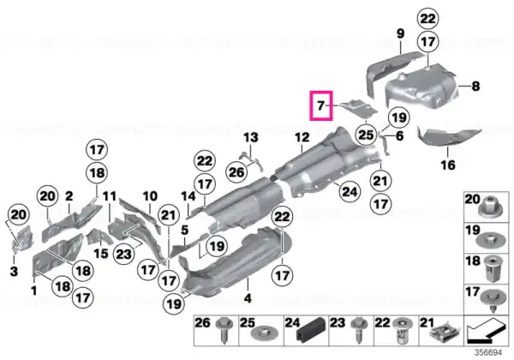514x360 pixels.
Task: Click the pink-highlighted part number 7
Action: [321, 105]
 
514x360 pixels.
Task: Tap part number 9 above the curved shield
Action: [400, 33]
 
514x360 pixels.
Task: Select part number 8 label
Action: [475, 87]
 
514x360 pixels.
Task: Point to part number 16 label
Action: [448, 165]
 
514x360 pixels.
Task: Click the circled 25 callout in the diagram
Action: [366, 135]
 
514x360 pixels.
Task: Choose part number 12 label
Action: [302, 137]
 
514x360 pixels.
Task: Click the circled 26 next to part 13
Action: [236, 171]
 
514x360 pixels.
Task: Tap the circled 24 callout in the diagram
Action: [350, 191]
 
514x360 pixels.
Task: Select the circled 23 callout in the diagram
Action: [123, 254]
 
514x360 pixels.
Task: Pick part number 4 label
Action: [248, 298]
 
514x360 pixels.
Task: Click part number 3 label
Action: [14, 271]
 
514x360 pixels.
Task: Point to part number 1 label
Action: [33, 291]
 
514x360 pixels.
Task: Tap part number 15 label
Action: [100, 253]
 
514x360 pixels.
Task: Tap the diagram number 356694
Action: [488, 353]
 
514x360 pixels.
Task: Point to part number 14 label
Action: [188, 196]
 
